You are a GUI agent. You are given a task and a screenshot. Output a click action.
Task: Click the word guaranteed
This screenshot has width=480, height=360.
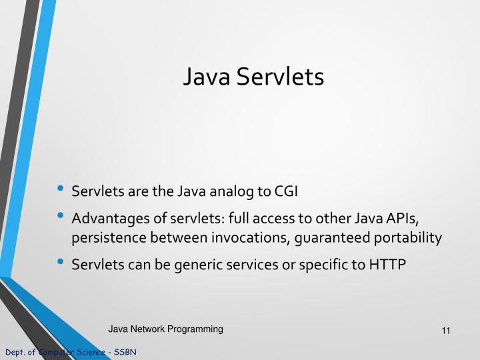pos(323,238)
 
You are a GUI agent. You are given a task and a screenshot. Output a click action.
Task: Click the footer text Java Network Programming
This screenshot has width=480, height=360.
pos(166,329)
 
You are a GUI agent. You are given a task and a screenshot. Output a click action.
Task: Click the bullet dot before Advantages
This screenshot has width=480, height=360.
pos(61,217)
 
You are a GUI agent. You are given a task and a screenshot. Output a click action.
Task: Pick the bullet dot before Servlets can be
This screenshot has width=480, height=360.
pos(61,263)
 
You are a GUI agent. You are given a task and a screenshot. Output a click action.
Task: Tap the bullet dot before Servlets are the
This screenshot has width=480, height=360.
pos(61,191)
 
